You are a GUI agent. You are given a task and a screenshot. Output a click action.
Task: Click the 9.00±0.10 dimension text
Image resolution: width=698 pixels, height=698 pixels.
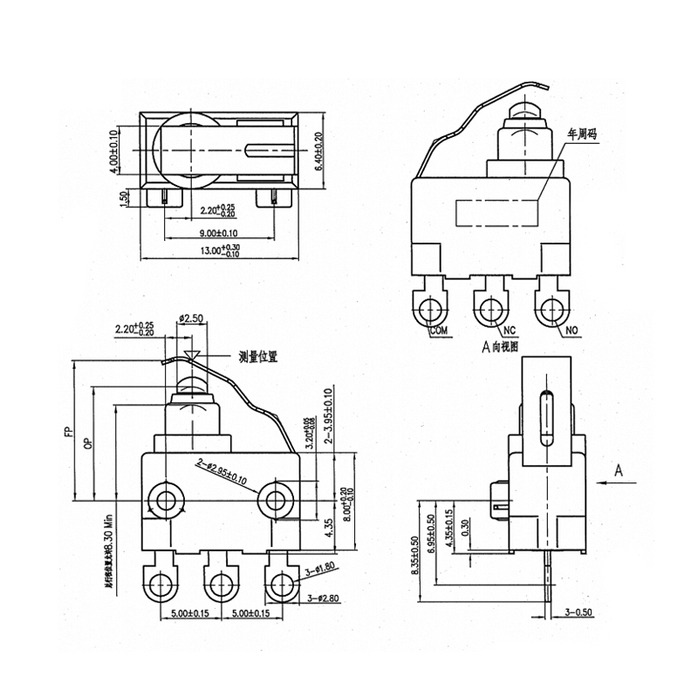point(218,233)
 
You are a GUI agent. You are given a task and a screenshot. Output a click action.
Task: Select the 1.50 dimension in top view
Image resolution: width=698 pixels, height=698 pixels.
point(126,198)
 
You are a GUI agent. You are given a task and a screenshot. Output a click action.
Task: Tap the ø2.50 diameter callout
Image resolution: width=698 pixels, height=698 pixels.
point(191,319)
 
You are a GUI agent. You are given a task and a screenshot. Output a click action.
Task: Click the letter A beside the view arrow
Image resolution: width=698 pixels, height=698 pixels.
point(619,470)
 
